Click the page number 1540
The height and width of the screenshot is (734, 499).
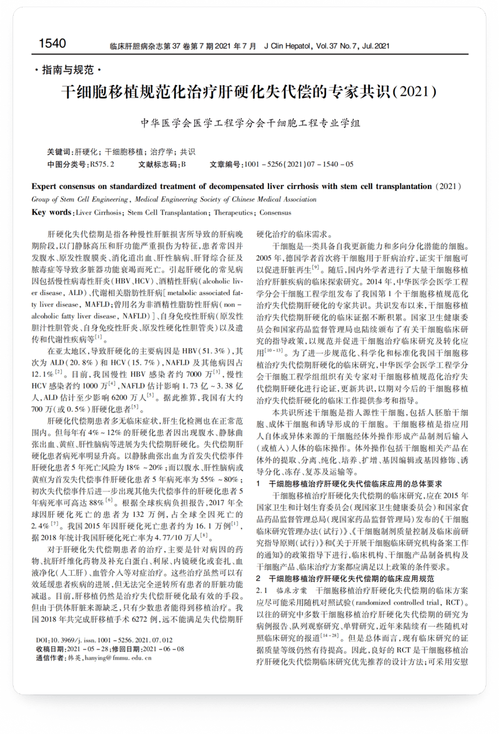(52, 43)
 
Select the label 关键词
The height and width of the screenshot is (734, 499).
(60, 151)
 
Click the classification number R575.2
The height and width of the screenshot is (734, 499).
(102, 164)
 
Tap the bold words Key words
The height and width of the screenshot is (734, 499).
(52, 212)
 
